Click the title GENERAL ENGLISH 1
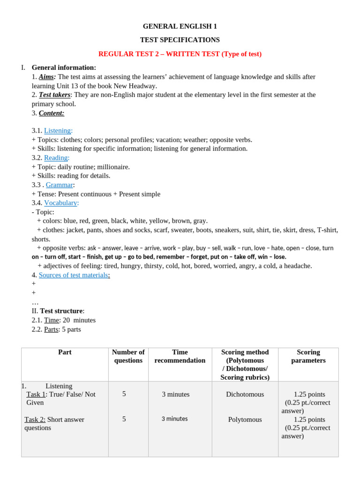pyautogui.click(x=180, y=26)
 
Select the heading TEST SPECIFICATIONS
pyautogui.click(x=180, y=40)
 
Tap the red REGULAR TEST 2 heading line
pyautogui.click(x=180, y=54)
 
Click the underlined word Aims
pyautogui.click(x=46, y=77)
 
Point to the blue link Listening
pyautogui.click(x=58, y=131)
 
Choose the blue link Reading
pyautogui.click(x=56, y=158)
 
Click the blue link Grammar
pyautogui.click(x=60, y=185)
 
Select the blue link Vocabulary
pyautogui.click(x=61, y=203)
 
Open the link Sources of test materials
pyautogui.click(x=74, y=275)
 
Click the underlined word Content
pyautogui.click(x=51, y=113)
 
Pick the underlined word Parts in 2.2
pyautogui.click(x=51, y=330)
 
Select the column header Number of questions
pyautogui.click(x=128, y=356)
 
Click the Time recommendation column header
pyautogui.click(x=180, y=356)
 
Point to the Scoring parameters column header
pyautogui.click(x=308, y=356)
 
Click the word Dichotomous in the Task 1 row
pyautogui.click(x=245, y=395)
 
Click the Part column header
pyautogui.click(x=65, y=352)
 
